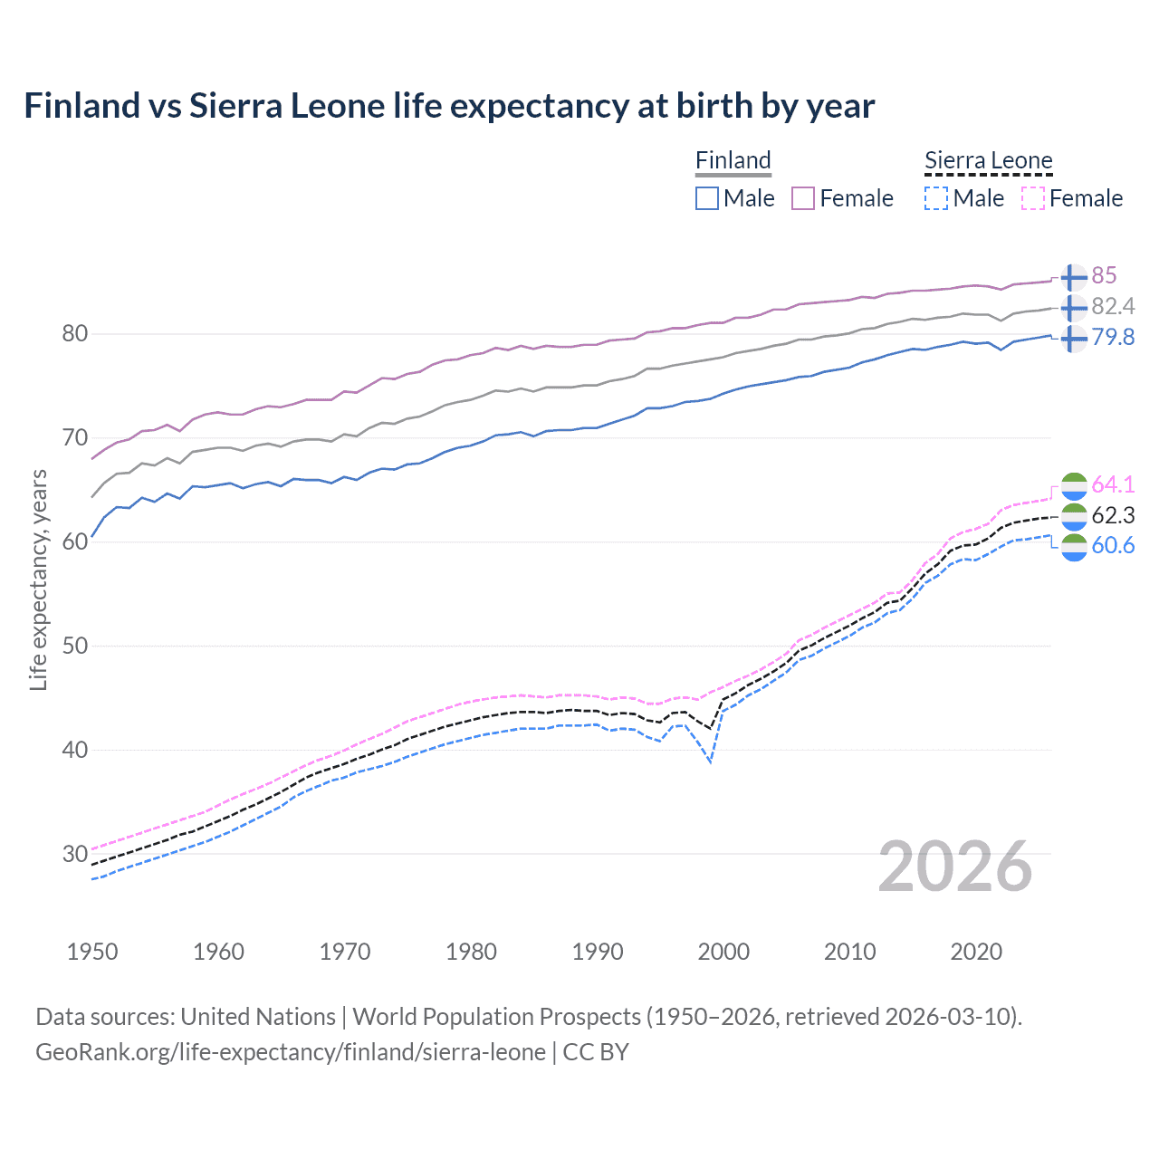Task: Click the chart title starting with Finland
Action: pyautogui.click(x=449, y=106)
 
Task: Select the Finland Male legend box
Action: pyautogui.click(x=707, y=198)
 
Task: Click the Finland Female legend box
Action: pyautogui.click(x=803, y=198)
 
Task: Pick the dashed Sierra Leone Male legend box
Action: pyautogui.click(x=936, y=198)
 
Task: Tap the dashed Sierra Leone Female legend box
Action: pyautogui.click(x=1033, y=198)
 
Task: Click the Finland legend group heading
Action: pyautogui.click(x=733, y=160)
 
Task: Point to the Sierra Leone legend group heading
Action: pyautogui.click(x=988, y=160)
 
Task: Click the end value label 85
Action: pyautogui.click(x=1104, y=275)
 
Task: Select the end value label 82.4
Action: pyautogui.click(x=1113, y=306)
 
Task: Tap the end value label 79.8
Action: pyautogui.click(x=1113, y=337)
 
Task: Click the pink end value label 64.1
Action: pyautogui.click(x=1113, y=484)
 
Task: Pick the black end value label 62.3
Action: pyautogui.click(x=1113, y=515)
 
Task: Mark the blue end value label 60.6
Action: pyautogui.click(x=1113, y=545)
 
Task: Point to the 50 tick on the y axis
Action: pyautogui.click(x=75, y=646)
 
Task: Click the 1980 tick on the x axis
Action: pyautogui.click(x=471, y=952)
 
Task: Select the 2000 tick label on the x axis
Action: pyautogui.click(x=723, y=952)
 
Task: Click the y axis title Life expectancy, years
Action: pyautogui.click(x=38, y=579)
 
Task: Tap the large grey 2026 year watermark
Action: pyautogui.click(x=955, y=867)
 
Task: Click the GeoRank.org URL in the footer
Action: pyautogui.click(x=290, y=1052)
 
